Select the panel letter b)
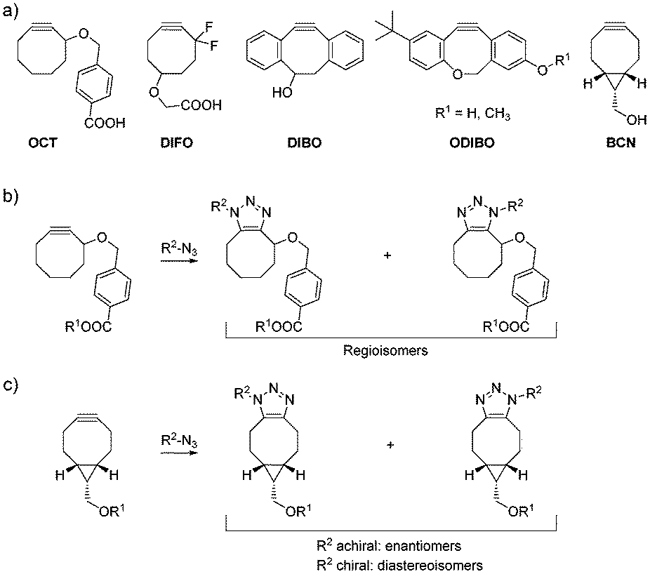[x=12, y=194]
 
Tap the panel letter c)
[x=12, y=385]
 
